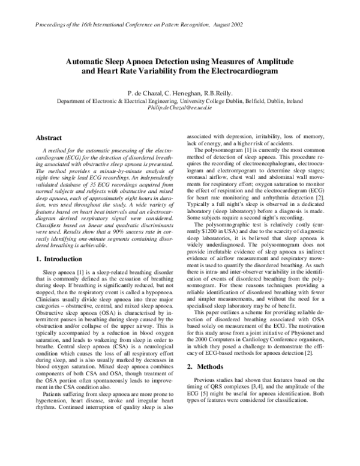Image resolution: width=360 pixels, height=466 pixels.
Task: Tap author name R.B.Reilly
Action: (x=218, y=94)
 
